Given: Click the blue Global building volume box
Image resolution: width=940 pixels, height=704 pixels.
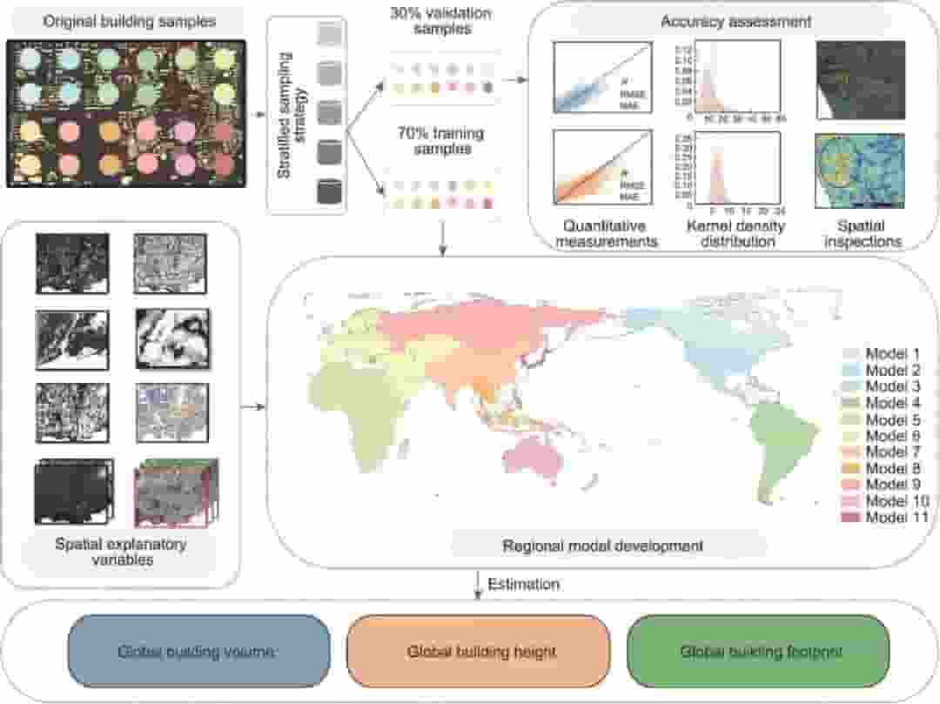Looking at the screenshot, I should [199, 651].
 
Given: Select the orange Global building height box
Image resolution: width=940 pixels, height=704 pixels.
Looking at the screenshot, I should [480, 651].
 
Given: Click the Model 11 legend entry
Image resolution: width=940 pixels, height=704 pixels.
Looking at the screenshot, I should [887, 518].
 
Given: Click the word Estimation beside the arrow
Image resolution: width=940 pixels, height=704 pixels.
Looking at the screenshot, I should [523, 585].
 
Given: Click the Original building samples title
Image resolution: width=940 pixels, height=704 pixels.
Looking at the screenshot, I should [130, 20].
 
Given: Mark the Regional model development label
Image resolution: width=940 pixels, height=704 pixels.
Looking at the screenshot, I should [603, 546].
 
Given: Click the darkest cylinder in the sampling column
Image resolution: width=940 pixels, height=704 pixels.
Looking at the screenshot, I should [328, 191].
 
